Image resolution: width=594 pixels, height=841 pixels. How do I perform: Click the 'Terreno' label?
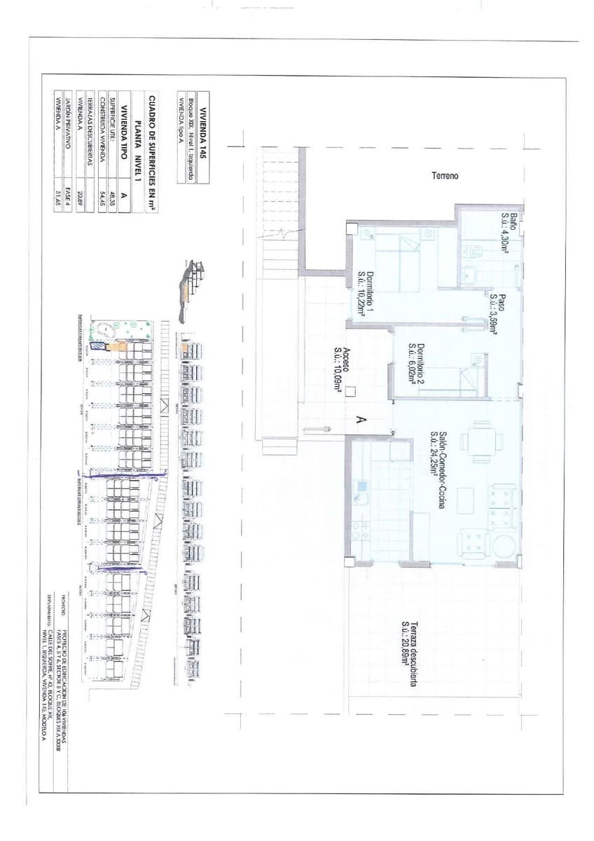[445, 176]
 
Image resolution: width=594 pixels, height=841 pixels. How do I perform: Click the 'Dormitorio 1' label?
[366, 295]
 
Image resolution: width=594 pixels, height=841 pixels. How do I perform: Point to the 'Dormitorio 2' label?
[417, 365]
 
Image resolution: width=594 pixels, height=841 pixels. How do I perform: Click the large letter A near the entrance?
[361, 420]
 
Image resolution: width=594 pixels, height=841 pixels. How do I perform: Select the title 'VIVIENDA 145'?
[204, 137]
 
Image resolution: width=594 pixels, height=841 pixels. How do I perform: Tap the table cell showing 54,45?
[103, 193]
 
